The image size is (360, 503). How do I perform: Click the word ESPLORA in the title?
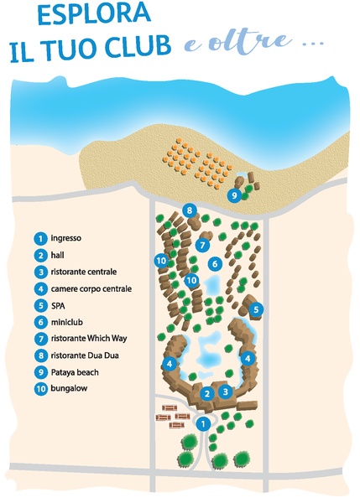[x=94, y=14]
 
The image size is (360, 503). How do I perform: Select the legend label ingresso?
[x=65, y=238]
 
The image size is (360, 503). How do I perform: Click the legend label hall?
[x=58, y=255]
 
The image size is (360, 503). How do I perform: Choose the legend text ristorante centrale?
[x=84, y=272]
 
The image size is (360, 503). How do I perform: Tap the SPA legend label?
[x=58, y=305]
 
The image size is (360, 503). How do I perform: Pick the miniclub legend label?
[x=66, y=322]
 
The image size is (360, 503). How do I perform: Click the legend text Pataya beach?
[x=75, y=372]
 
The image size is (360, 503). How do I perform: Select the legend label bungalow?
[x=69, y=388]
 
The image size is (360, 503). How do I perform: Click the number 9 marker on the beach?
[x=234, y=195]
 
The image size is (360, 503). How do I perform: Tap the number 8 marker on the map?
[x=189, y=210]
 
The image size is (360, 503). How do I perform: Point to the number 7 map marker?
[x=202, y=246]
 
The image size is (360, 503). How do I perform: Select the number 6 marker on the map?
[x=215, y=264]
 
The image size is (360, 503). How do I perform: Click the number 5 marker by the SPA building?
[x=256, y=309]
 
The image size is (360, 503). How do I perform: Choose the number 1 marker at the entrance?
[x=203, y=424]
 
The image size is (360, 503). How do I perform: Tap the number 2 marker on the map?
[x=206, y=394]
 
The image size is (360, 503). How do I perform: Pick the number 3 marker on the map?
[x=226, y=392]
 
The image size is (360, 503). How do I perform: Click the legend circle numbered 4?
[x=40, y=288]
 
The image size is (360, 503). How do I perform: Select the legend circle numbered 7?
[x=40, y=339]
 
